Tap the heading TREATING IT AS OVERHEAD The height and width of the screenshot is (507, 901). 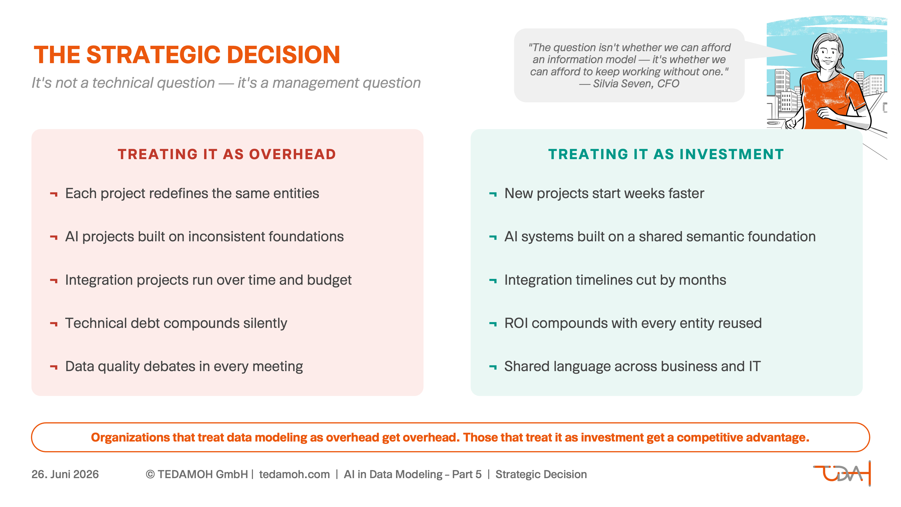pyautogui.click(x=227, y=154)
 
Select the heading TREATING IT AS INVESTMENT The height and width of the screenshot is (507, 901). pyautogui.click(x=666, y=154)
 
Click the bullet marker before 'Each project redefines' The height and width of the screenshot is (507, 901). pyautogui.click(x=53, y=194)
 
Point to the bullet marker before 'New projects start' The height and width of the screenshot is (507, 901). pyautogui.click(x=493, y=194)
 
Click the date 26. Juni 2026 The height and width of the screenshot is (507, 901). pyautogui.click(x=65, y=474)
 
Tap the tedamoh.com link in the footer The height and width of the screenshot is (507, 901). pyautogui.click(x=294, y=474)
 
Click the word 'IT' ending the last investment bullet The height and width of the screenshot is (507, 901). pyautogui.click(x=754, y=366)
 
